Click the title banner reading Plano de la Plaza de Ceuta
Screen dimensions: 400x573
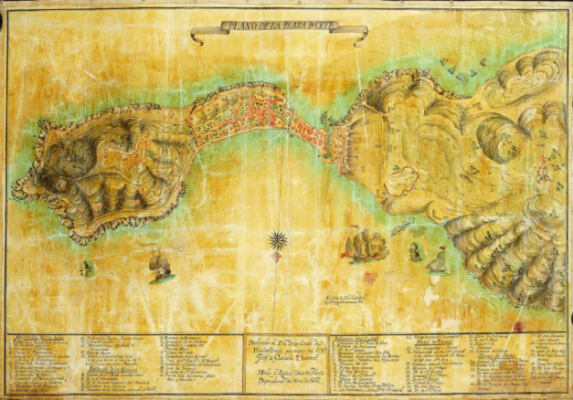pos(279,34)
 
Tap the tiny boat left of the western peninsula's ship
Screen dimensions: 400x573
pos(87,268)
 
